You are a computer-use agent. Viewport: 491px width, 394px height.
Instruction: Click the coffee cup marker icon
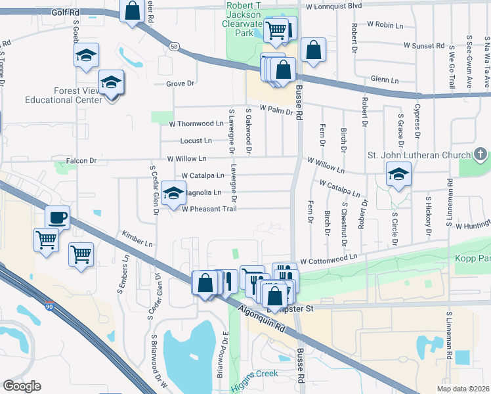point(57,217)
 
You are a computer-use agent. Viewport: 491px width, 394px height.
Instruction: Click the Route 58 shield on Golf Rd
point(173,46)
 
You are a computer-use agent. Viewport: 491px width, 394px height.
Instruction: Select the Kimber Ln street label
point(137,238)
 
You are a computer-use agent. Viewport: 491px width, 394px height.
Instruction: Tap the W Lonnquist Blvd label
point(333,6)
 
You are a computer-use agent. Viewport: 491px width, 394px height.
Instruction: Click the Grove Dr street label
point(181,83)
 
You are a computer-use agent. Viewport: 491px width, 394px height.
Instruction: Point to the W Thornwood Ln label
point(196,123)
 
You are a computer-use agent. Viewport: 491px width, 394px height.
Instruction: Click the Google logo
point(22,386)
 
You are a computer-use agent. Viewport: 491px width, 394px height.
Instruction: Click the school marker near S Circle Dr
point(398,175)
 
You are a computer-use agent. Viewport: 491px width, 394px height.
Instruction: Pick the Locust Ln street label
point(196,141)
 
